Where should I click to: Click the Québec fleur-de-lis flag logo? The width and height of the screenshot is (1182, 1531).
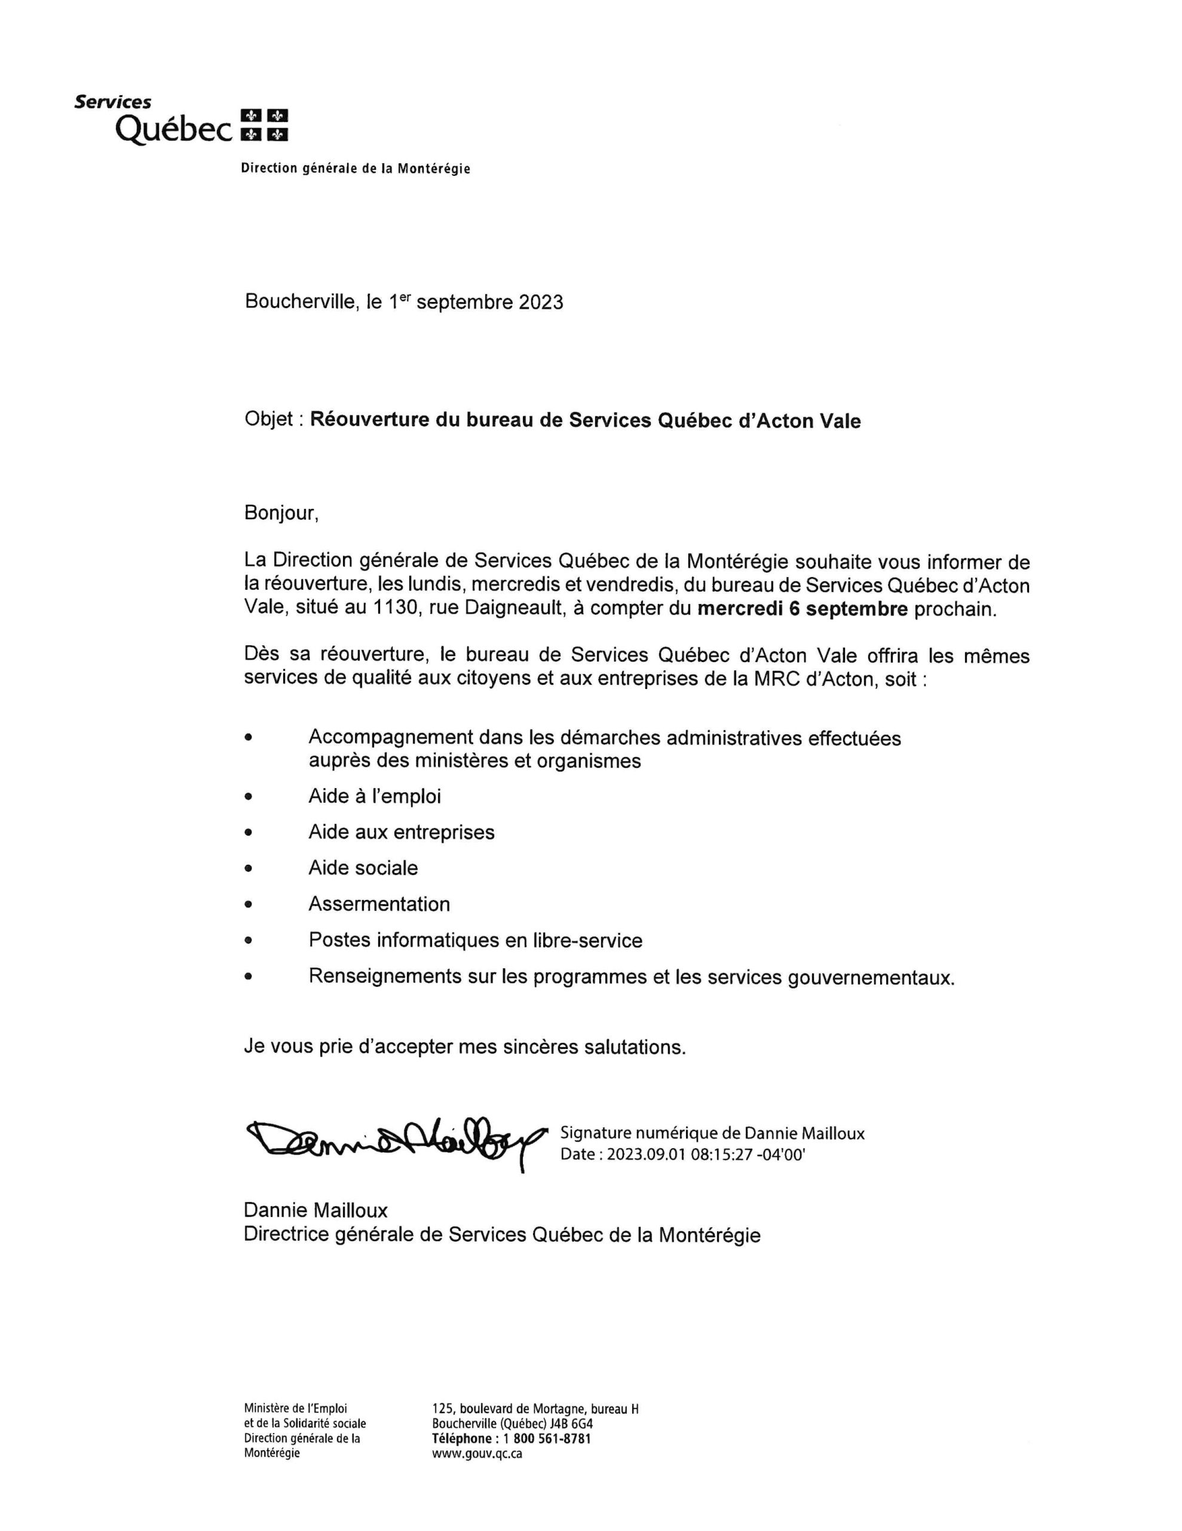pos(264,125)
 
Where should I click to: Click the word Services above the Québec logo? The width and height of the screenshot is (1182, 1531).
pos(113,102)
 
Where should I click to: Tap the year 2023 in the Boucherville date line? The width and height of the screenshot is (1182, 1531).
pos(540,302)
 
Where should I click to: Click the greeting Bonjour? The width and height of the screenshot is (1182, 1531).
pos(280,513)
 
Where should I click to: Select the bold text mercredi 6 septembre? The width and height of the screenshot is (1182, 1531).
pos(803,608)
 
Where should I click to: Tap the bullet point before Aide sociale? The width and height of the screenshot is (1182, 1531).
pos(248,868)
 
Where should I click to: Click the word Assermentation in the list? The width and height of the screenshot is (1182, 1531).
pos(379,904)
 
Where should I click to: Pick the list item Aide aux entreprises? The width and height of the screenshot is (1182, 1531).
pos(402,832)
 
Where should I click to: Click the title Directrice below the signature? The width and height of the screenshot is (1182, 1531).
pos(287,1234)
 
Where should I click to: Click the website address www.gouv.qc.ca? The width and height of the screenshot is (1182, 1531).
pos(477,1453)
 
